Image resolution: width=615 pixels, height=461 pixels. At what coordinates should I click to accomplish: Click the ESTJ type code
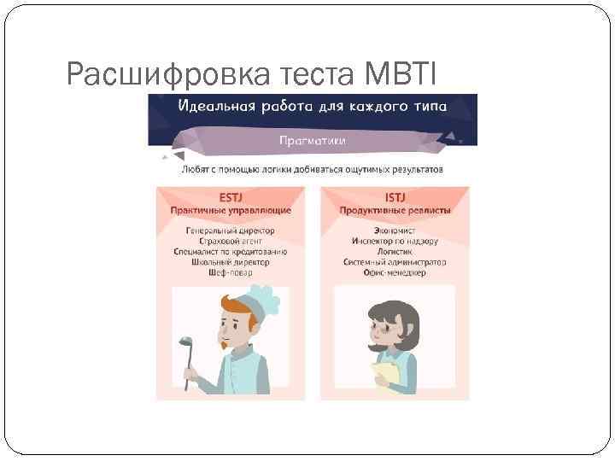pyautogui.click(x=231, y=196)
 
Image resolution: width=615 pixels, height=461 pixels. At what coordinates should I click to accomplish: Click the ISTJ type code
pyautogui.click(x=395, y=196)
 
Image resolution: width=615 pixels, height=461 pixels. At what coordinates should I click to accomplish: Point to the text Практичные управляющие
pyautogui.click(x=231, y=210)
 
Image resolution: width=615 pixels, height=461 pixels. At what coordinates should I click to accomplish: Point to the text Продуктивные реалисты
pyautogui.click(x=395, y=210)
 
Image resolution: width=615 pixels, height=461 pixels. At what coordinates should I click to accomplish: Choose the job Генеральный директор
pyautogui.click(x=231, y=231)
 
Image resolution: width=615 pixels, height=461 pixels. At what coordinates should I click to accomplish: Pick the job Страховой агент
pyautogui.click(x=231, y=242)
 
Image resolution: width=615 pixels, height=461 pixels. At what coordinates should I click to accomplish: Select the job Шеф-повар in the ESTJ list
pyautogui.click(x=231, y=273)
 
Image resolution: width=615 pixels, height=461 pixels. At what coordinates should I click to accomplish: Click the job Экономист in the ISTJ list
pyautogui.click(x=395, y=231)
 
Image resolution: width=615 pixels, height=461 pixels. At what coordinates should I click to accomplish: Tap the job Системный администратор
pyautogui.click(x=395, y=262)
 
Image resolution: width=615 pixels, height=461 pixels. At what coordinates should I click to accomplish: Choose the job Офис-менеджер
pyautogui.click(x=395, y=273)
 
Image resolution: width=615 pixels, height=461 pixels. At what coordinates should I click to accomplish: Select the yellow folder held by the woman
pyautogui.click(x=386, y=373)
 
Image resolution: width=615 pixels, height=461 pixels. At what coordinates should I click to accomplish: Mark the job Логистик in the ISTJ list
pyautogui.click(x=395, y=252)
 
